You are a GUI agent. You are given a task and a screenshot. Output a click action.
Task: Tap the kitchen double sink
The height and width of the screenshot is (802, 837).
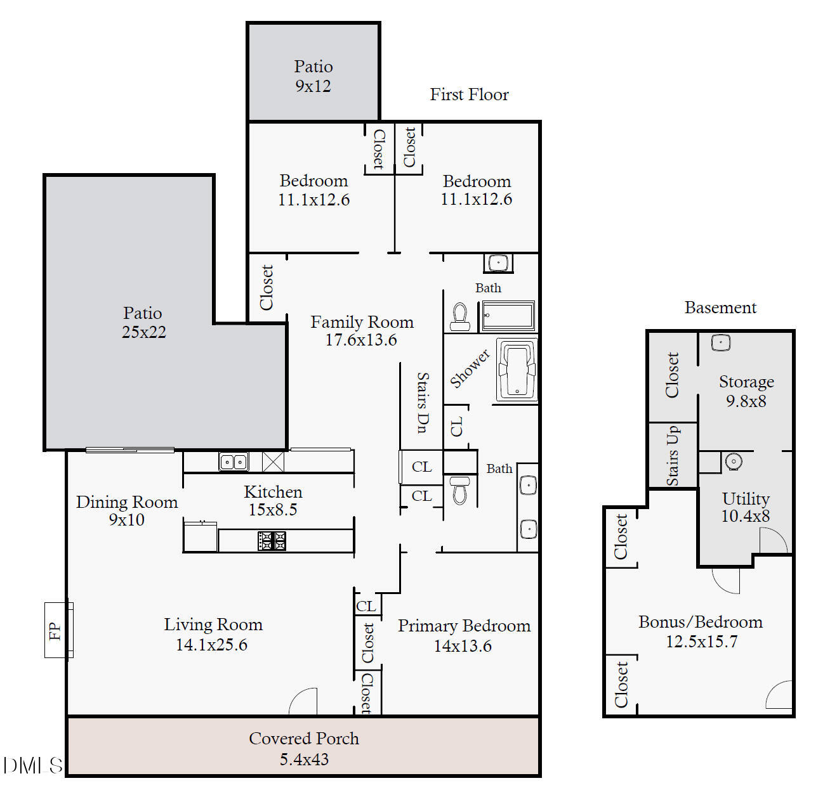233,462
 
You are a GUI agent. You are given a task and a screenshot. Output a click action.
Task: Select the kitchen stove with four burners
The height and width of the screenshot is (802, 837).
272,541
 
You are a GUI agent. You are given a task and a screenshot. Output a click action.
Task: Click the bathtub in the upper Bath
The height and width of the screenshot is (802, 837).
508,316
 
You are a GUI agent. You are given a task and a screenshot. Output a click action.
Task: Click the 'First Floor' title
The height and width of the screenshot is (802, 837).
469,94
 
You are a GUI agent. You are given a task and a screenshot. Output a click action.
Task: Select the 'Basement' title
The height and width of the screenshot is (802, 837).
720,307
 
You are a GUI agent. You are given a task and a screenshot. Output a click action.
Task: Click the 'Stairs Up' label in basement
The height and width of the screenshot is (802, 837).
673,456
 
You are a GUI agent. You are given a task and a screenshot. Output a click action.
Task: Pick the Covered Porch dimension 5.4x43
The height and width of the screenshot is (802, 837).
304,759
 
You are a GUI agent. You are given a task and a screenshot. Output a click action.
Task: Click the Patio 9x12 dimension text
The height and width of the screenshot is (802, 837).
313,86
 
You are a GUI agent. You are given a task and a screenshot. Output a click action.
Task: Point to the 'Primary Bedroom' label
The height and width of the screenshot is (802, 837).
464,626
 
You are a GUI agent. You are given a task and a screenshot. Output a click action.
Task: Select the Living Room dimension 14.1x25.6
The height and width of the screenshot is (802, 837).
211,645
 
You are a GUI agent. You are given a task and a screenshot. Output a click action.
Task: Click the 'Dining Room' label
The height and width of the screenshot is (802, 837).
127,502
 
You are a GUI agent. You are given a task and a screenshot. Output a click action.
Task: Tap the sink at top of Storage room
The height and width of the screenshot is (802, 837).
720,343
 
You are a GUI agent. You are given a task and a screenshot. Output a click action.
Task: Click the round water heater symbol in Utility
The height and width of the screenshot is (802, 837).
734,462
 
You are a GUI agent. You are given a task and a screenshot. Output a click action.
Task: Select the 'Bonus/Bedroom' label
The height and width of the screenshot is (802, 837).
701,622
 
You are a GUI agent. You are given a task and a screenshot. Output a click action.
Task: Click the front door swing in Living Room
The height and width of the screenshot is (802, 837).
304,701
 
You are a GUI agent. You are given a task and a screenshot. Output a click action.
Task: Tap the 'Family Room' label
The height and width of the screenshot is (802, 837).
362,322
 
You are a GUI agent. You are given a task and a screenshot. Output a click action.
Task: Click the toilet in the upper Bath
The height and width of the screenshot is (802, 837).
459,316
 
